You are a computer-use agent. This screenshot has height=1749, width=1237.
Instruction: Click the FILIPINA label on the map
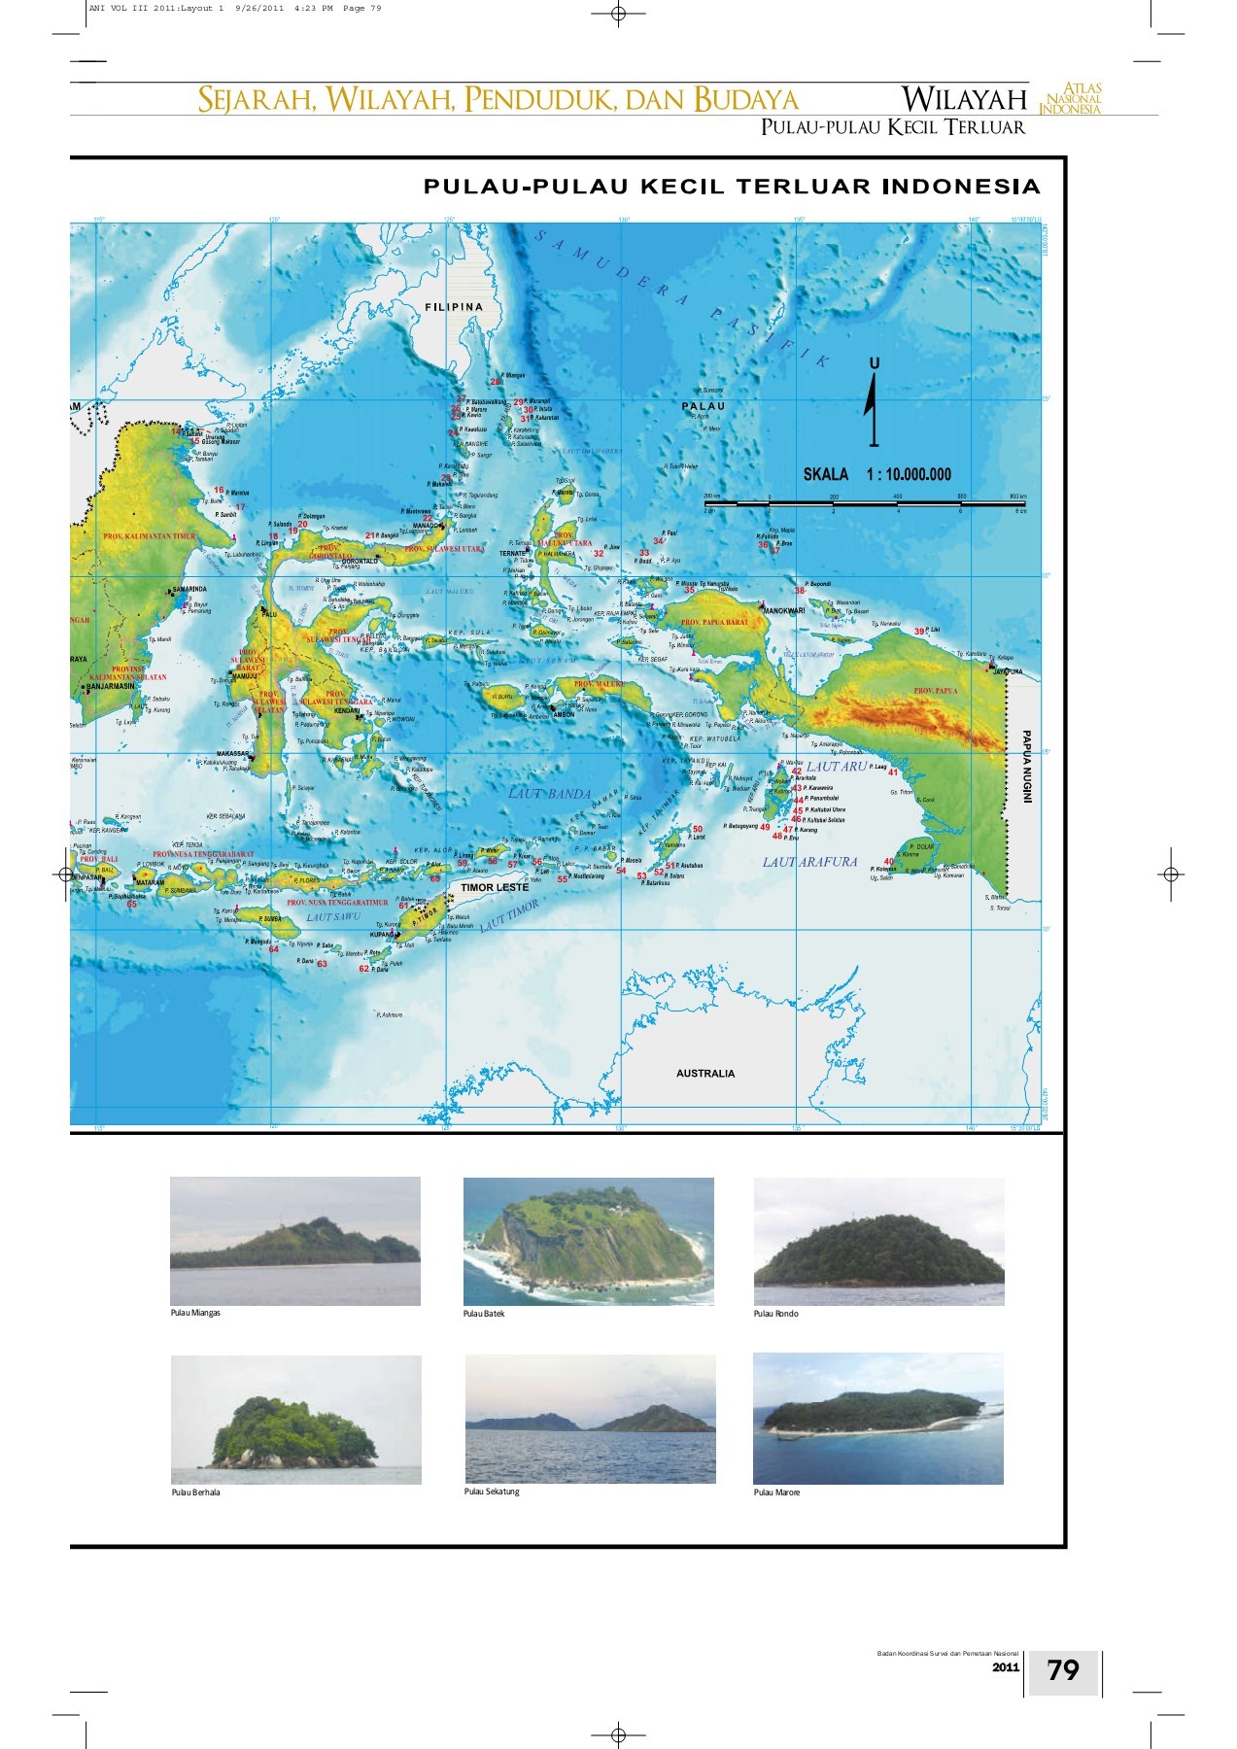pos(454,307)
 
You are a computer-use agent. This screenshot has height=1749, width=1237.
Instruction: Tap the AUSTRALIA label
pos(705,1074)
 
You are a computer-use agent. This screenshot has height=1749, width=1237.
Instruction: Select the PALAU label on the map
pos(703,406)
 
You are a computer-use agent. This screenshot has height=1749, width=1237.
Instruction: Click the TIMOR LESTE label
pos(495,887)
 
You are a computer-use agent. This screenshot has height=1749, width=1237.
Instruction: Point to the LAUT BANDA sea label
pos(550,794)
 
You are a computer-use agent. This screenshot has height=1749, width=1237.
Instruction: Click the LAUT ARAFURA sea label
pos(809,862)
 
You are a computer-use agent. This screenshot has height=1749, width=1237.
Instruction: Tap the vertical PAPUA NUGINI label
pos(1026,768)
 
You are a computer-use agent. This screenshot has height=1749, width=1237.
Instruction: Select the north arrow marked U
pos(873,403)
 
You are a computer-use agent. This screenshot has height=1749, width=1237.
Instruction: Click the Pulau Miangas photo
pos(295,1241)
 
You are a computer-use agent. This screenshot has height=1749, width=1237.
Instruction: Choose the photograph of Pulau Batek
pos(588,1241)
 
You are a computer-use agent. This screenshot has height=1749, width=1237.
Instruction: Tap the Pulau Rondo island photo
pos(878,1241)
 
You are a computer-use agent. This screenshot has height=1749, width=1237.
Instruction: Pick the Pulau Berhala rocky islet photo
pos(295,1420)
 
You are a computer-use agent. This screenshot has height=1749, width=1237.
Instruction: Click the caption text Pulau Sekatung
pos(492,1492)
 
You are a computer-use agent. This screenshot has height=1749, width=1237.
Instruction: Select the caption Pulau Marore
pos(776,1492)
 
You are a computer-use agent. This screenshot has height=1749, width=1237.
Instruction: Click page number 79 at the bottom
pos(1063,1669)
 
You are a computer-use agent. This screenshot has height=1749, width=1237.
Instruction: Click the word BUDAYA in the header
pos(745,100)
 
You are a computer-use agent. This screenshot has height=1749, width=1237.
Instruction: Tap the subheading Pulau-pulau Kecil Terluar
pos(892,127)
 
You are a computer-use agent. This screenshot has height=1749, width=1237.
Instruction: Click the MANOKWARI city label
pos(783,610)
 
